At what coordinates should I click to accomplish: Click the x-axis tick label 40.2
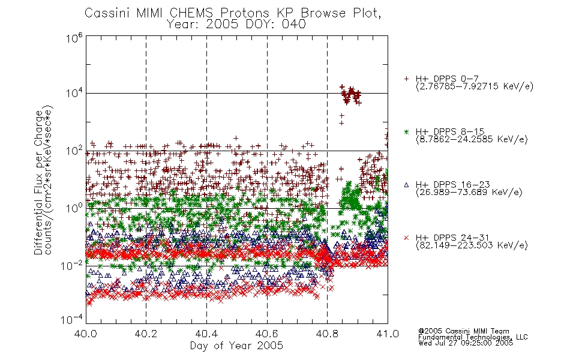[146, 334]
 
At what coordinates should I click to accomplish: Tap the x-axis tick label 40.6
[267, 334]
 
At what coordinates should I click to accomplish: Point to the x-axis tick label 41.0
[388, 334]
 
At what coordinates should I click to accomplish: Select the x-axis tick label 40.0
[85, 334]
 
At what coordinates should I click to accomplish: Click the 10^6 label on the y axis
[74, 37]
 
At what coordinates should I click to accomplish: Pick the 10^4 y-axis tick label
[74, 93]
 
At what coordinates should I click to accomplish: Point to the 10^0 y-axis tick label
[74, 208]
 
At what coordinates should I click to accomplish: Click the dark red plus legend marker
[406, 79]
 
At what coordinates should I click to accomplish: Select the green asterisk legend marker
[406, 131]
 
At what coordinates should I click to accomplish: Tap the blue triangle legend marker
[406, 185]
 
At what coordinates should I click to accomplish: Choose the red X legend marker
[406, 238]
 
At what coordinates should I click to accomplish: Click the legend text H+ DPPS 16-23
[452, 184]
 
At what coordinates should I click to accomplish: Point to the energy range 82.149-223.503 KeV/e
[472, 245]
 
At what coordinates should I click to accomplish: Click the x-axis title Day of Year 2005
[236, 346]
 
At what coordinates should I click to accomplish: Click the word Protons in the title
[244, 13]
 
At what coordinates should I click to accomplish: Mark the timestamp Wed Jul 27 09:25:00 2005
[466, 343]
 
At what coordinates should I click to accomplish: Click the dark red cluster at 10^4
[350, 95]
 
